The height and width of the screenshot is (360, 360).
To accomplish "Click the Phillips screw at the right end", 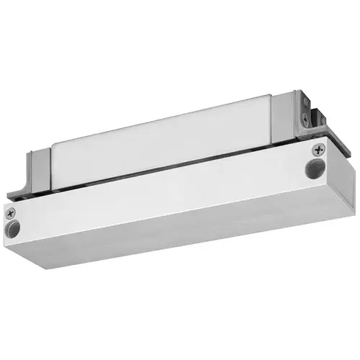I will tap(319, 150).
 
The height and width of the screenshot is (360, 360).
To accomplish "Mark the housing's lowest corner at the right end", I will tap(325, 231).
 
